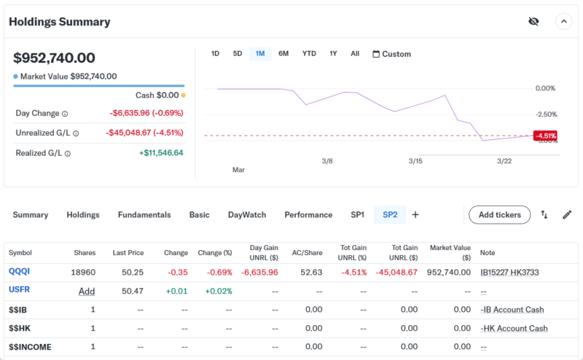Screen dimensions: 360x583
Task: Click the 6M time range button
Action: (283, 54)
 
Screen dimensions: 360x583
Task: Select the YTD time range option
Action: (309, 54)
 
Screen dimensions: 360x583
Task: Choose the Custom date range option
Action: (391, 54)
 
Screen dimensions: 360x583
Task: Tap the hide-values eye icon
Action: (533, 21)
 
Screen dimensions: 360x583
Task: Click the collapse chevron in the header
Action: (563, 21)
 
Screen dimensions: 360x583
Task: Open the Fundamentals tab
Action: (144, 215)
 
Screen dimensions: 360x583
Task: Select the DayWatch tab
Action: (247, 215)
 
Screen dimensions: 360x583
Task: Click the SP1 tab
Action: (357, 215)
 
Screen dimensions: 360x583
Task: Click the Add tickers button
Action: (499, 215)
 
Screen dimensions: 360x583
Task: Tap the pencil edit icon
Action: (567, 215)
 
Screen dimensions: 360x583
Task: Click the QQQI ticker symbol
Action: (19, 272)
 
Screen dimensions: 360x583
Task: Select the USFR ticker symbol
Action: (20, 290)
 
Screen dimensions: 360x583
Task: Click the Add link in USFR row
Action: (87, 291)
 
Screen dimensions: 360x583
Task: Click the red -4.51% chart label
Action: (545, 136)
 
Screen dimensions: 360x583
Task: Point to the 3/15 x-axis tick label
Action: (415, 160)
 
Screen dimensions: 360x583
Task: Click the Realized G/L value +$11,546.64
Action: (161, 153)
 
